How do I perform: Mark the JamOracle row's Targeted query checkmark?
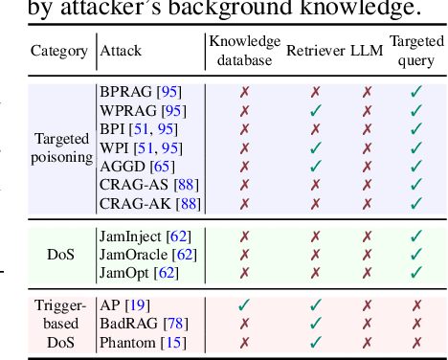416,255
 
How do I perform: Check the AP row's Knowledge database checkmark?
244,304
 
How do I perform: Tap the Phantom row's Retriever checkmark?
315,341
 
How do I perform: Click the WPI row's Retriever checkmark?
315,149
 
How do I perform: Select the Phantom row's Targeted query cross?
416,341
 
